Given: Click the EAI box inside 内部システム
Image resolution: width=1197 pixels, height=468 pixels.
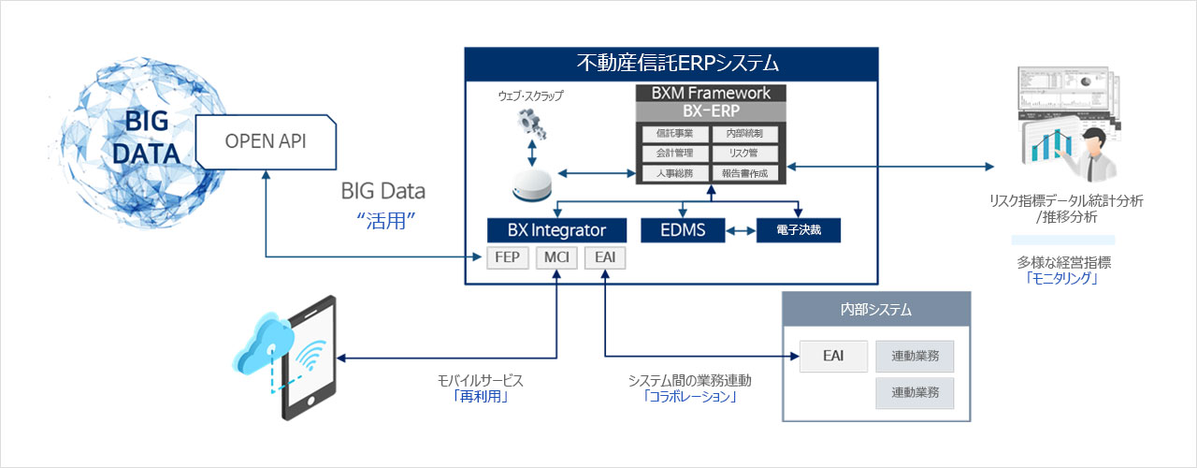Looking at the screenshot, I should coord(834,357).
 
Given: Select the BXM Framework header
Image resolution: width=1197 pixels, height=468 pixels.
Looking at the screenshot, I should coord(711,94).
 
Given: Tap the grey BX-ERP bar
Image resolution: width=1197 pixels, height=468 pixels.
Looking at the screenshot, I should coord(711,110).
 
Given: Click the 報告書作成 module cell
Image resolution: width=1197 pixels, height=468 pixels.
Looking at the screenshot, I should coord(745,173).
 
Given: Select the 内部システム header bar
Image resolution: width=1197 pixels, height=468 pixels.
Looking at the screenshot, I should coord(875,309).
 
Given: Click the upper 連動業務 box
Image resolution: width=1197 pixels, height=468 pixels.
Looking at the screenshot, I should coord(915,357).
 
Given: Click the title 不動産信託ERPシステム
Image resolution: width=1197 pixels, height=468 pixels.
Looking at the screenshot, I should coord(671,64).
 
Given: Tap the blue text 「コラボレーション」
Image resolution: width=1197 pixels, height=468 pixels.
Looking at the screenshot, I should coord(690,397).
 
